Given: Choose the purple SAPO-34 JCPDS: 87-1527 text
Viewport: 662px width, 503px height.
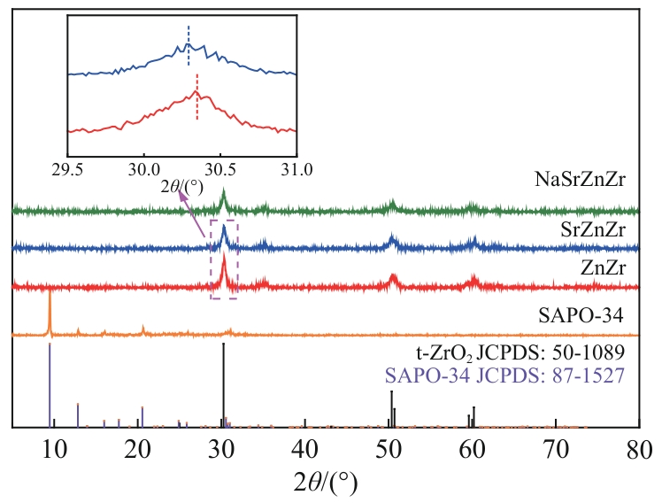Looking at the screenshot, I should (505, 375).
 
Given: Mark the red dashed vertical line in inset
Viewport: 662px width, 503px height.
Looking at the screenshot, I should (196, 97).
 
